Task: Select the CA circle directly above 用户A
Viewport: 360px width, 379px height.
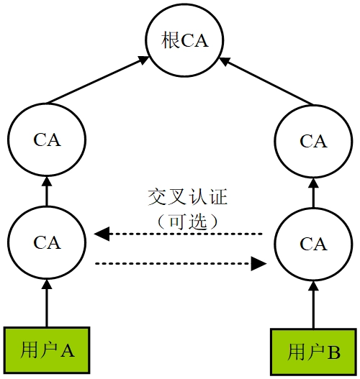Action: coord(47,243)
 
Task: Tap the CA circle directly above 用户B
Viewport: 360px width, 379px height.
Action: coord(313,245)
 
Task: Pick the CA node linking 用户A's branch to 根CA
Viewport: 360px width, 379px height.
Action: coord(47,140)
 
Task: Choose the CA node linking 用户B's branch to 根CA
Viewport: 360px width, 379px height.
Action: coord(313,141)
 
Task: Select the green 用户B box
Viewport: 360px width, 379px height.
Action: coord(313,352)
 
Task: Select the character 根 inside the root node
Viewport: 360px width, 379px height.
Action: coord(171,41)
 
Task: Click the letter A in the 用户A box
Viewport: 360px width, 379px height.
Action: coord(67,350)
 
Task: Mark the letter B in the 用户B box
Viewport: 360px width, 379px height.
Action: coord(333,352)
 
